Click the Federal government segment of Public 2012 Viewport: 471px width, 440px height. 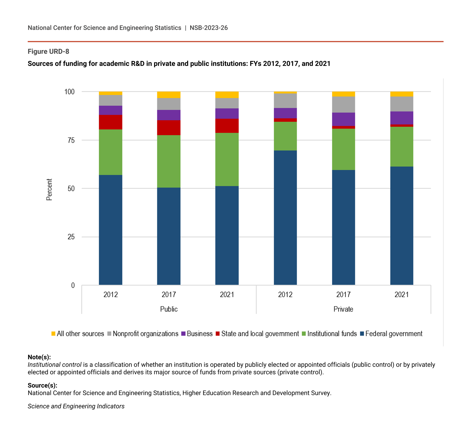tap(111, 230)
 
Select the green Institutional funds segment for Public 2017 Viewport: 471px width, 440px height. tap(169, 161)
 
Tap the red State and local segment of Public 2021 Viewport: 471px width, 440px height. tap(227, 126)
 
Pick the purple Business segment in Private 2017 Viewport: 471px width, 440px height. tap(343, 119)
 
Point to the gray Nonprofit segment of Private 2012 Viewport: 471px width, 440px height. tap(285, 101)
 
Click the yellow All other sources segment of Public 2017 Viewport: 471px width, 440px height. tap(169, 95)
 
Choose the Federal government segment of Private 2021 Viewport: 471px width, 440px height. tap(402, 226)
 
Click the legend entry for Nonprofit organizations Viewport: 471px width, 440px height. tap(145, 334)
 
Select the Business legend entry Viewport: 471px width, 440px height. tap(199, 334)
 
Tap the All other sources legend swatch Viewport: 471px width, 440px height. tap(54, 334)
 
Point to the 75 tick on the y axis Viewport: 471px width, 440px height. tap(71, 140)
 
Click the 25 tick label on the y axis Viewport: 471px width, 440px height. tap(71, 237)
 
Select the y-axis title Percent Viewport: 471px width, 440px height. tap(49, 190)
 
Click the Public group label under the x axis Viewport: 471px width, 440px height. tap(169, 309)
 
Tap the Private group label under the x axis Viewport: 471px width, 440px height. tap(343, 309)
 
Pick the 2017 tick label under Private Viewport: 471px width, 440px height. tap(343, 295)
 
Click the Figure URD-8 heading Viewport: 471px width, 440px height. tap(49, 52)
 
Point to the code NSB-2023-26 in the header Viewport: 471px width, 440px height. tap(209, 28)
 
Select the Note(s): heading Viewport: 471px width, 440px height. tap(39, 357)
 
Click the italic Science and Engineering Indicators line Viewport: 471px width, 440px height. tap(76, 406)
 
